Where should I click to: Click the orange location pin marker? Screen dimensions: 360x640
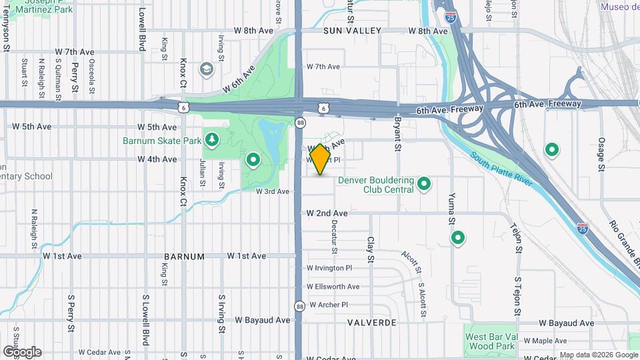(x=320, y=159)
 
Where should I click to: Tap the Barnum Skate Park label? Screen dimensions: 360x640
(x=162, y=141)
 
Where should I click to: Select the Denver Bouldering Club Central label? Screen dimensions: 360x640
(x=376, y=184)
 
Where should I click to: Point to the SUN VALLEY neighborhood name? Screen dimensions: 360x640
(x=352, y=31)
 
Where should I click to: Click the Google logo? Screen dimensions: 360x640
(x=22, y=351)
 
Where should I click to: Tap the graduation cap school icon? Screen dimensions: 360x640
(x=207, y=69)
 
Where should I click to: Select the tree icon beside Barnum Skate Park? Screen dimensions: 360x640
(x=212, y=139)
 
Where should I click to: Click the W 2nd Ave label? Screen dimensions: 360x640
(x=327, y=213)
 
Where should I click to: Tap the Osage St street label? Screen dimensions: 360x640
(x=601, y=153)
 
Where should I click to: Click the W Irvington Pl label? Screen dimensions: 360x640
(x=329, y=268)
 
